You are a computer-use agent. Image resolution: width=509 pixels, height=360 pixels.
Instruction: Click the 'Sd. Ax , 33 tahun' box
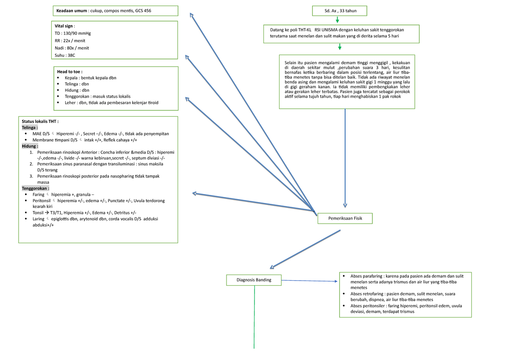point(339,11)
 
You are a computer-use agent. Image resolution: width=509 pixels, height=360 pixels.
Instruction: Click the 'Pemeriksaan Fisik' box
point(345,218)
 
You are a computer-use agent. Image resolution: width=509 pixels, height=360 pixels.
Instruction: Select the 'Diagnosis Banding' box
point(254,280)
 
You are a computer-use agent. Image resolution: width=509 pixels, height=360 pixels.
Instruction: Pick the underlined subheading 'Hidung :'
point(30,146)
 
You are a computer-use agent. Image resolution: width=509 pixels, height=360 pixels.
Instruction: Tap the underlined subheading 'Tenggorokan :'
point(36,188)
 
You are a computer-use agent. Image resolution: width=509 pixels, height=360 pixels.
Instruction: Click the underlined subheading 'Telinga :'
point(31,127)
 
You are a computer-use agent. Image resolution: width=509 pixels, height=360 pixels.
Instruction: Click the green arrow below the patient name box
point(339,20)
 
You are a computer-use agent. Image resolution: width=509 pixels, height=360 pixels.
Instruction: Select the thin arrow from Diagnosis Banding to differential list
point(310,281)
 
